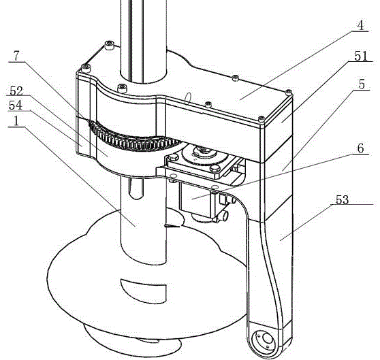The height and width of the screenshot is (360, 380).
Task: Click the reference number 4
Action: point(361,25)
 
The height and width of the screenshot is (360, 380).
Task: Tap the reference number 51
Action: point(361,56)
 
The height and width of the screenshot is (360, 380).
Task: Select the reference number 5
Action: point(362,84)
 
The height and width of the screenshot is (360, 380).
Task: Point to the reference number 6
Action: point(361,148)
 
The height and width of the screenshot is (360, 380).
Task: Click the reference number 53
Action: point(342,199)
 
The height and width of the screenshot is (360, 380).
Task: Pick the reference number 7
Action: point(16,56)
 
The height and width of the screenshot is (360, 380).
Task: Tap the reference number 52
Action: point(16,91)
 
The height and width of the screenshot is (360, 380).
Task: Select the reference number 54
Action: point(16,105)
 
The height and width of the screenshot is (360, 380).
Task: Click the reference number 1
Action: point(16,121)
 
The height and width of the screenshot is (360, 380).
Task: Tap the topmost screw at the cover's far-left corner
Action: point(109,45)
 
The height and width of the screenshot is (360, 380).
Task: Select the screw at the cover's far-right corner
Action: point(289,93)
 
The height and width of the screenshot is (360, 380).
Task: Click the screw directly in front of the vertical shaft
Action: point(122,88)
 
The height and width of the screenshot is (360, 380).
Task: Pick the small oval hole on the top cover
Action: point(187,99)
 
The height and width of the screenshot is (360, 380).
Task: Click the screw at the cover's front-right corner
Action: point(262,119)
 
